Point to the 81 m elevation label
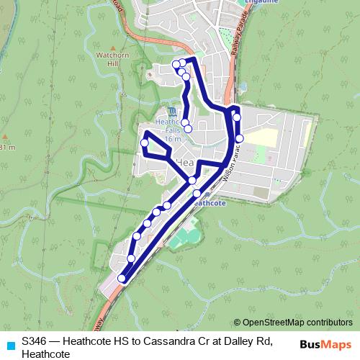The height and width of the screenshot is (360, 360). tap(7, 147)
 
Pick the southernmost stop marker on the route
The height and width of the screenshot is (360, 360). tap(122, 279)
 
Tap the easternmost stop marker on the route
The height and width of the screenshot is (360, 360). tap(239, 138)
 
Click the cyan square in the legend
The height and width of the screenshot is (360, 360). tap(10, 344)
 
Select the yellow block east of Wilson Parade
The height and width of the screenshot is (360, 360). tap(264, 138)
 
